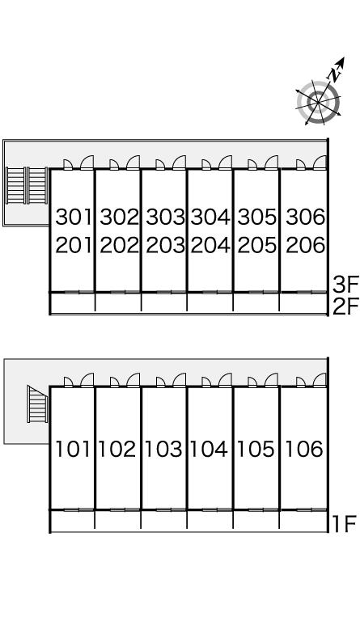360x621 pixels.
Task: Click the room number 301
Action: point(74,217)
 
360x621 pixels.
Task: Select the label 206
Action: point(305,245)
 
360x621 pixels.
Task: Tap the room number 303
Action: point(166,217)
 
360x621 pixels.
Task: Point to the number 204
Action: point(210,245)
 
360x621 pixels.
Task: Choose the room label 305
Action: point(257,217)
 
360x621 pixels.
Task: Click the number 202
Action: point(119,245)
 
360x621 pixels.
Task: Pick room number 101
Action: point(73,449)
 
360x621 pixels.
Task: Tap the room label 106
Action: point(303,449)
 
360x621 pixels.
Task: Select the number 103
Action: point(163,449)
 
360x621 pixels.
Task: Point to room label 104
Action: point(209,449)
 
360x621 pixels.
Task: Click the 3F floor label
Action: point(345,284)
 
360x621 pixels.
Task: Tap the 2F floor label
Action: point(345,306)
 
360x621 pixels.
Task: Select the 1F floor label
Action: point(344,524)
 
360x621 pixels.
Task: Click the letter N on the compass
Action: point(335,74)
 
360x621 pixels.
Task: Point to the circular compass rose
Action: point(319,103)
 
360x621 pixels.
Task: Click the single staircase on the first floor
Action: point(38,404)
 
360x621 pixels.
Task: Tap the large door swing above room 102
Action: point(133,380)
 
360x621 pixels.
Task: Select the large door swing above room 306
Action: point(320,163)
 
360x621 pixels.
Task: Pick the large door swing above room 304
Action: point(225,163)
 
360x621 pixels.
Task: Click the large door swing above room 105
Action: point(271,380)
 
